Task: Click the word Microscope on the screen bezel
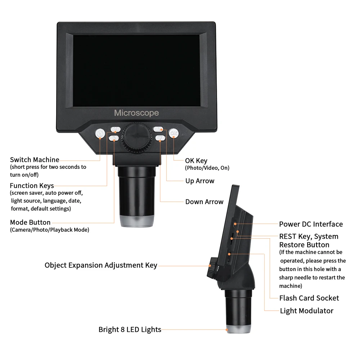click(136, 113)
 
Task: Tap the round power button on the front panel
click(100, 134)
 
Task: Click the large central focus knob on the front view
click(137, 137)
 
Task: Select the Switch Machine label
click(35, 159)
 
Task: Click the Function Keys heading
click(32, 186)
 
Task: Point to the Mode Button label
click(30, 222)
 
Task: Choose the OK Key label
click(196, 161)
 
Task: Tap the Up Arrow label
click(200, 181)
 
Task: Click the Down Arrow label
click(204, 202)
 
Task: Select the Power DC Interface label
click(311, 224)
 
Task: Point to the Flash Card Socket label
click(309, 298)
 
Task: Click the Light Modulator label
click(307, 311)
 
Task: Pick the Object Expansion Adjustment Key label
click(101, 265)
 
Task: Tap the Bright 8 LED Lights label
click(130, 329)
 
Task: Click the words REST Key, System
click(309, 237)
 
